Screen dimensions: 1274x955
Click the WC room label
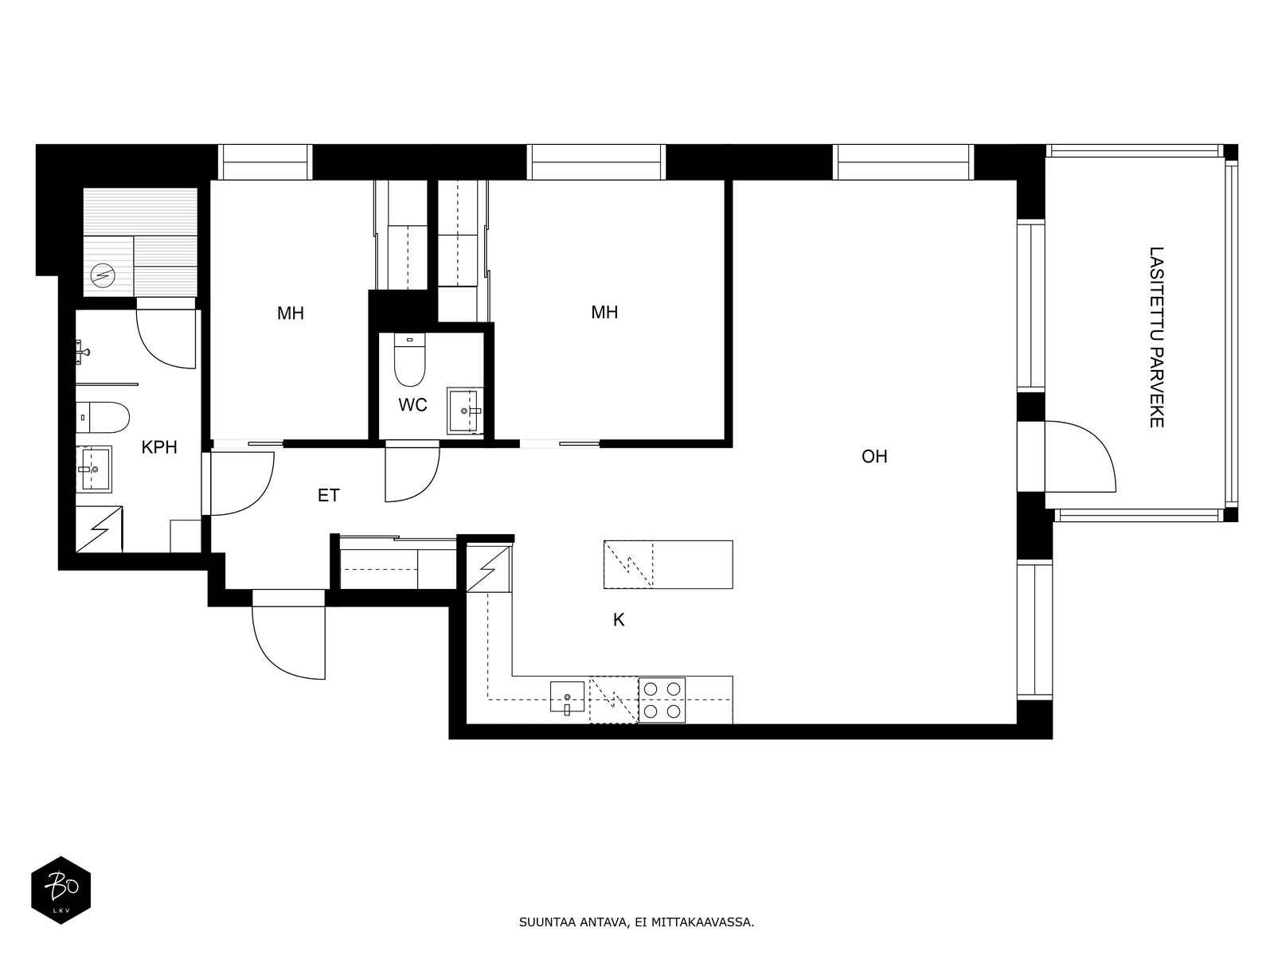(x=412, y=405)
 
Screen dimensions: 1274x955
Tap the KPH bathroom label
(x=159, y=447)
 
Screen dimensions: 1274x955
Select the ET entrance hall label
(x=329, y=495)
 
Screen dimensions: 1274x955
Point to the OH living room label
(x=874, y=456)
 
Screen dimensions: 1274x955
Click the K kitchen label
(x=619, y=620)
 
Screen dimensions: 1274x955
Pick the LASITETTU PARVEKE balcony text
(x=1156, y=337)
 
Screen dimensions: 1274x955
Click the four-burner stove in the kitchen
(x=662, y=700)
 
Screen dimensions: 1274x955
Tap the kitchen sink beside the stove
(x=567, y=698)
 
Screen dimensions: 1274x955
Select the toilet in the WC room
(x=410, y=360)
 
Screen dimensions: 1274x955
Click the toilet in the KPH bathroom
(x=102, y=418)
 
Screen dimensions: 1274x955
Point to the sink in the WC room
(x=464, y=411)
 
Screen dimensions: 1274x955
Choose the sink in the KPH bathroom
(x=95, y=469)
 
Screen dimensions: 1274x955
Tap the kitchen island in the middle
(x=668, y=564)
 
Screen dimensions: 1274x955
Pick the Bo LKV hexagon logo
(x=61, y=890)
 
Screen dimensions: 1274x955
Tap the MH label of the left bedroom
(x=290, y=313)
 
